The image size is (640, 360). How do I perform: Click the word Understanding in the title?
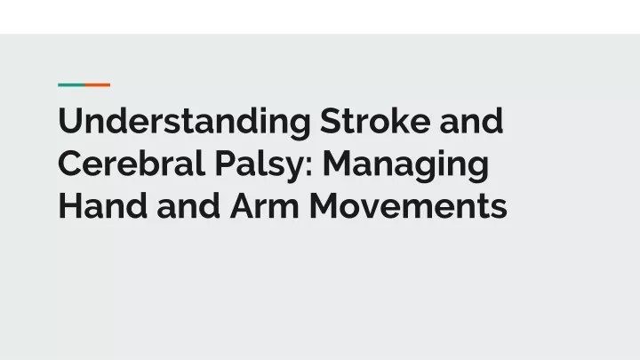pyautogui.click(x=185, y=123)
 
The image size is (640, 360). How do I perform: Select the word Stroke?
pyautogui.click(x=375, y=120)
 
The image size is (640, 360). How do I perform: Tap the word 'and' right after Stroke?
pyautogui.click(x=471, y=120)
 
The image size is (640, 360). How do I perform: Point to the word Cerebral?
pyautogui.click(x=131, y=163)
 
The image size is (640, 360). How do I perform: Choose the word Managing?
pyautogui.click(x=405, y=165)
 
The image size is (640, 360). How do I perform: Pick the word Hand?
pyautogui.click(x=103, y=205)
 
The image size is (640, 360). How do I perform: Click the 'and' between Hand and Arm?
pyautogui.click(x=188, y=205)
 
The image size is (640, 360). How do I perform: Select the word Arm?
pyautogui.click(x=265, y=205)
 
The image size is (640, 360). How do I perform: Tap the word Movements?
pyautogui.click(x=408, y=205)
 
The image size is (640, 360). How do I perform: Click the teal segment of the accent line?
pyautogui.click(x=71, y=85)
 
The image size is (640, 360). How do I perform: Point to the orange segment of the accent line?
pyautogui.click(x=98, y=85)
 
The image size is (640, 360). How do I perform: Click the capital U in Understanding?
pyautogui.click(x=70, y=121)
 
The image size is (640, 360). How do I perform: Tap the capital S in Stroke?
pyautogui.click(x=330, y=120)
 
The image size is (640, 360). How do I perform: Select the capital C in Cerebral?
pyautogui.click(x=71, y=163)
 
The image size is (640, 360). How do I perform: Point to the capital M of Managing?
pyautogui.click(x=337, y=164)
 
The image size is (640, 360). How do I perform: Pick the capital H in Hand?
pyautogui.click(x=70, y=205)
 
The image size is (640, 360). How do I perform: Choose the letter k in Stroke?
pyautogui.click(x=395, y=121)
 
